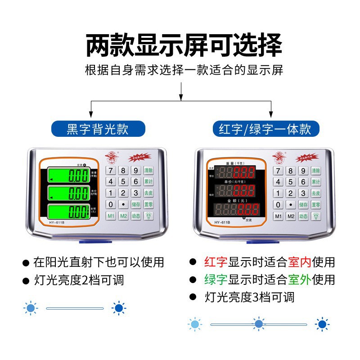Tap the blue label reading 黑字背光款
point(98,129)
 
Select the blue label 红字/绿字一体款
point(265,129)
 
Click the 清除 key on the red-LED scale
point(315,171)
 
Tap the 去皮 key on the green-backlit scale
point(148,193)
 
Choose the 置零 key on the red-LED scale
point(315,204)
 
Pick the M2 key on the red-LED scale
point(291,216)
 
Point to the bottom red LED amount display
point(237,209)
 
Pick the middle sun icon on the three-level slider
point(259,324)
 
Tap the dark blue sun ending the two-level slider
point(119,308)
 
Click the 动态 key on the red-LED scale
point(303,216)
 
